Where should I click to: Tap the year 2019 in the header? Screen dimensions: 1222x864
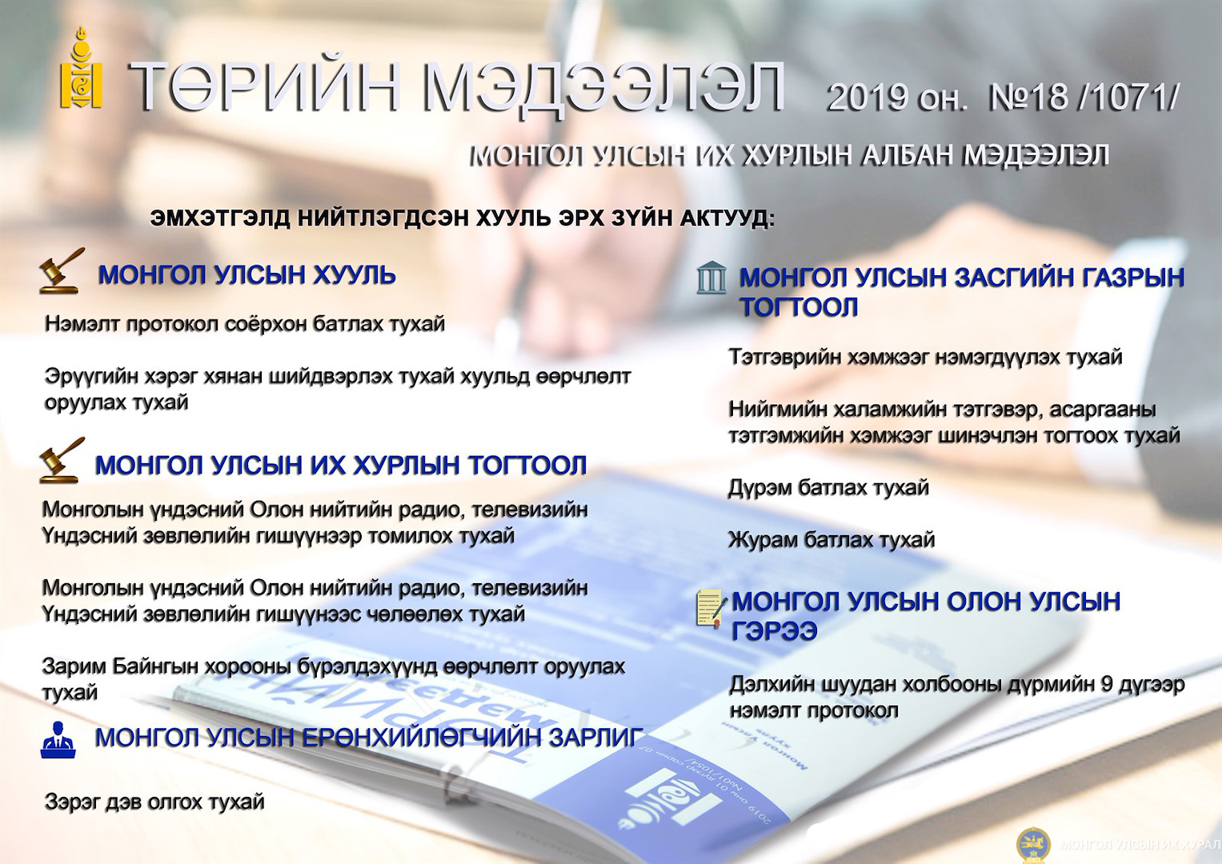867,98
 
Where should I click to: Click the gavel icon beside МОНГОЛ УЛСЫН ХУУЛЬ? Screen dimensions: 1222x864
62,270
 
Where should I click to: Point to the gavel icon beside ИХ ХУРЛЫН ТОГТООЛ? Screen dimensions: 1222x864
62,460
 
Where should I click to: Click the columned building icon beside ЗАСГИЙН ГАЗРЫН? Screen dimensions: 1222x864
711,278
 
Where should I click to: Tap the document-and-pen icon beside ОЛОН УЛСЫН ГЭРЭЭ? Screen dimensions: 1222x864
711,609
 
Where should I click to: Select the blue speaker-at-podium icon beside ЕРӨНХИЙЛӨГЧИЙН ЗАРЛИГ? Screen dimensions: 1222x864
58,740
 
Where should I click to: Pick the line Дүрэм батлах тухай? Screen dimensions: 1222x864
828,488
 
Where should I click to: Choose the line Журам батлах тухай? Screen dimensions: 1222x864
831,540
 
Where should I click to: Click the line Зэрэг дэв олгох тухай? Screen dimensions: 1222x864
154,802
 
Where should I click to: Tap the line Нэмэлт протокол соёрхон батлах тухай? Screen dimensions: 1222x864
244,324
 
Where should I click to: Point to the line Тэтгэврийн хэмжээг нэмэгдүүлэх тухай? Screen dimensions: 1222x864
925,358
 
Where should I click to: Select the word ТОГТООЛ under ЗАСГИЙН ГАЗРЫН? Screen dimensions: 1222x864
799,307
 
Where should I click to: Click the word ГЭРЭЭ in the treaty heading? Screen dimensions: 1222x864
774,631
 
